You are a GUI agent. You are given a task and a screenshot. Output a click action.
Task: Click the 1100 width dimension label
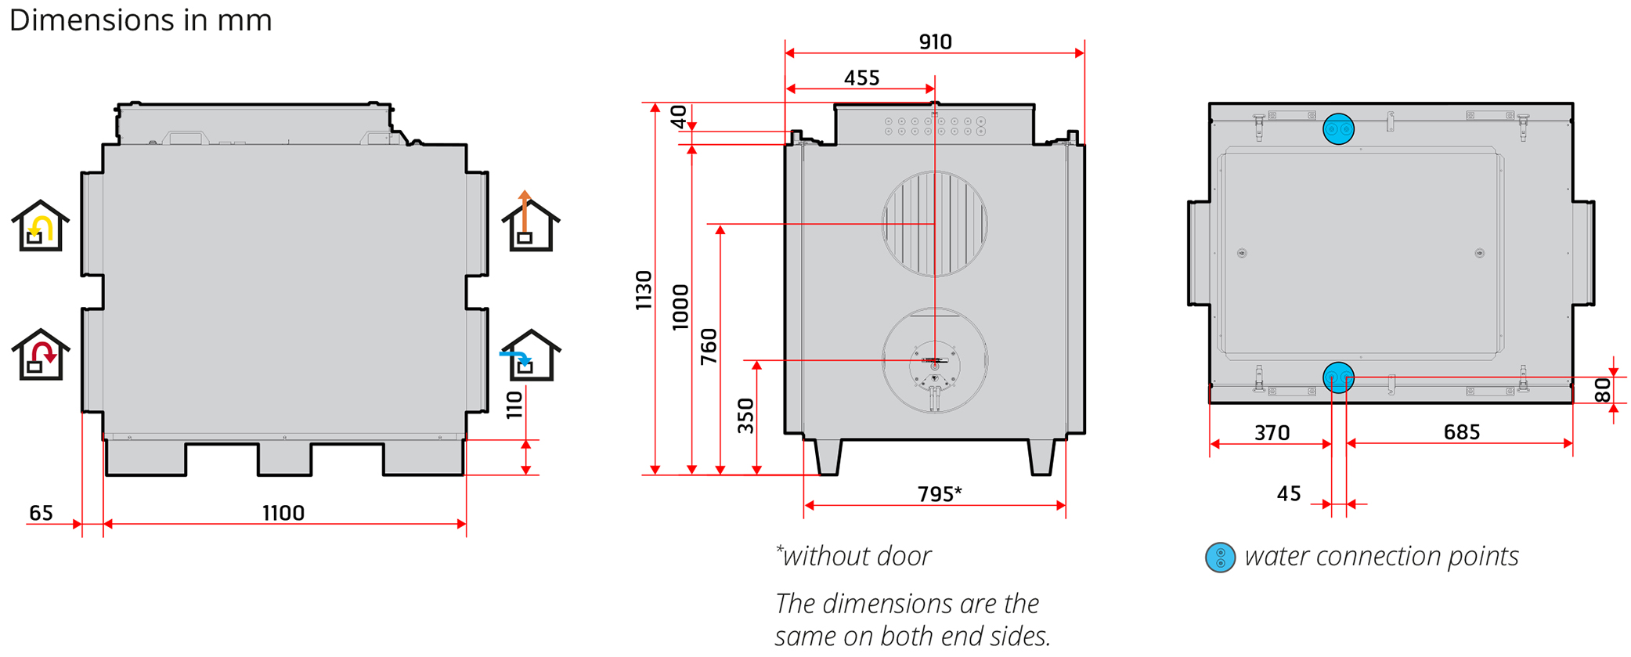pyautogui.click(x=283, y=513)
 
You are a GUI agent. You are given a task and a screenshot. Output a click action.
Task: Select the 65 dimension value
pyautogui.click(x=41, y=513)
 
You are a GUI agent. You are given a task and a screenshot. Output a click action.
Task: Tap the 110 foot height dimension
pyautogui.click(x=514, y=405)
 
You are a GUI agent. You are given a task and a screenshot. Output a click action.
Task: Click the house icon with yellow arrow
pyautogui.click(x=41, y=227)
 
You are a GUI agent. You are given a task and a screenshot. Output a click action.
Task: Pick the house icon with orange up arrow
pyautogui.click(x=531, y=222)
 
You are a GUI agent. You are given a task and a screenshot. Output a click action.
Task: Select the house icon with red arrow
pyautogui.click(x=41, y=356)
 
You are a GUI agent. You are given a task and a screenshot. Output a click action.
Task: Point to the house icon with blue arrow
pyautogui.click(x=531, y=356)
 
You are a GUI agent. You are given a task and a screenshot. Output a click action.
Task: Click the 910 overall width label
pyautogui.click(x=935, y=42)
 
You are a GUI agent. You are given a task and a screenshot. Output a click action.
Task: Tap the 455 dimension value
pyautogui.click(x=861, y=78)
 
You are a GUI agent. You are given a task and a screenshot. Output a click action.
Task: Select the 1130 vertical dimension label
pyautogui.click(x=644, y=291)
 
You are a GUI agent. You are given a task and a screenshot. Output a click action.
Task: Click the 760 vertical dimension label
pyautogui.click(x=709, y=346)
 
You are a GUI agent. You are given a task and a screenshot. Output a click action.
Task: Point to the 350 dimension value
pyautogui.click(x=746, y=416)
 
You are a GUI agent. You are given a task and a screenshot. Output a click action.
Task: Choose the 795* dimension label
pyautogui.click(x=939, y=494)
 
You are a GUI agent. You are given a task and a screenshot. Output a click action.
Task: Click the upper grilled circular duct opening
pyautogui.click(x=934, y=224)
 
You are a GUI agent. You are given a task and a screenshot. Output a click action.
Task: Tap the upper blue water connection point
pyautogui.click(x=1338, y=129)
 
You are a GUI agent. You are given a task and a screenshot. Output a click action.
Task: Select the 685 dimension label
pyautogui.click(x=1461, y=432)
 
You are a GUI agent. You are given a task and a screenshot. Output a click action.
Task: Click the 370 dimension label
pyautogui.click(x=1272, y=433)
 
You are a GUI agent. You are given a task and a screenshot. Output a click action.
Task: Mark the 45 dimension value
pyautogui.click(x=1289, y=493)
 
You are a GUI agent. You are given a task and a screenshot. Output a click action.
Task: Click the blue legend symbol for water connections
pyautogui.click(x=1220, y=558)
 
